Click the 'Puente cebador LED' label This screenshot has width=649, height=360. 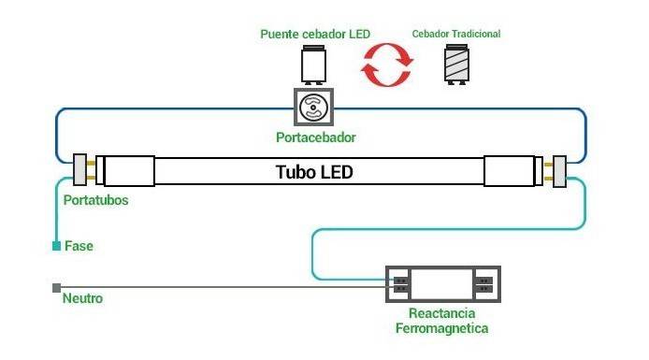315,34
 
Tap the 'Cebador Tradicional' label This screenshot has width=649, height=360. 456,34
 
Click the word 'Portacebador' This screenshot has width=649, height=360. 316,138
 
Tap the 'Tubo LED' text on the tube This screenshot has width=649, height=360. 315,173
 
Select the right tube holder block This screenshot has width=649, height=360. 560,171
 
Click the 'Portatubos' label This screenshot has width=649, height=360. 95,200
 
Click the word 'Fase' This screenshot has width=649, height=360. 79,246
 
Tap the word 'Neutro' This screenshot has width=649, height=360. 82,299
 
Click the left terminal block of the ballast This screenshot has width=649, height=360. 400,284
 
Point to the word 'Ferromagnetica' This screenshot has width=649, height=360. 441,329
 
